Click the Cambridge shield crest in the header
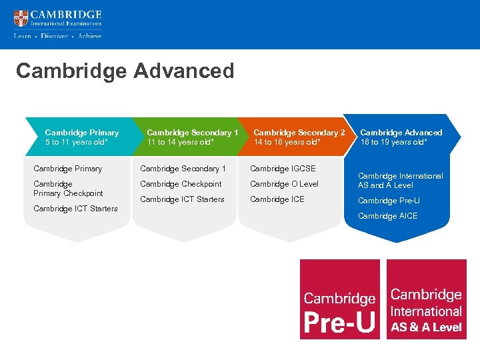(x=21, y=18)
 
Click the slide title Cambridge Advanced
(x=125, y=71)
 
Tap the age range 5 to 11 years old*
(x=78, y=142)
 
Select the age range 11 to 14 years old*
(x=180, y=142)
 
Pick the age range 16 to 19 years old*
(x=393, y=142)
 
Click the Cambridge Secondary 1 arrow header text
(x=192, y=133)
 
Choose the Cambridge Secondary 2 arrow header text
(x=299, y=133)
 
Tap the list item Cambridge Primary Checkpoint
(x=68, y=189)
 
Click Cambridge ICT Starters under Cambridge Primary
(x=75, y=209)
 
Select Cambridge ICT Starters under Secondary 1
(x=182, y=199)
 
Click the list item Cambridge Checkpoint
(x=181, y=184)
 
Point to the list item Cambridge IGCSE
(x=283, y=169)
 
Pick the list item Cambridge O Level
(x=284, y=184)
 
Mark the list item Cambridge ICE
(x=277, y=199)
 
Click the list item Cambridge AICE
(x=387, y=216)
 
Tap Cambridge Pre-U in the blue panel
(x=389, y=201)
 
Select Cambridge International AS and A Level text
(x=400, y=181)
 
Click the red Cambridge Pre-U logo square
(x=339, y=299)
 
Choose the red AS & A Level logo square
(x=426, y=299)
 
